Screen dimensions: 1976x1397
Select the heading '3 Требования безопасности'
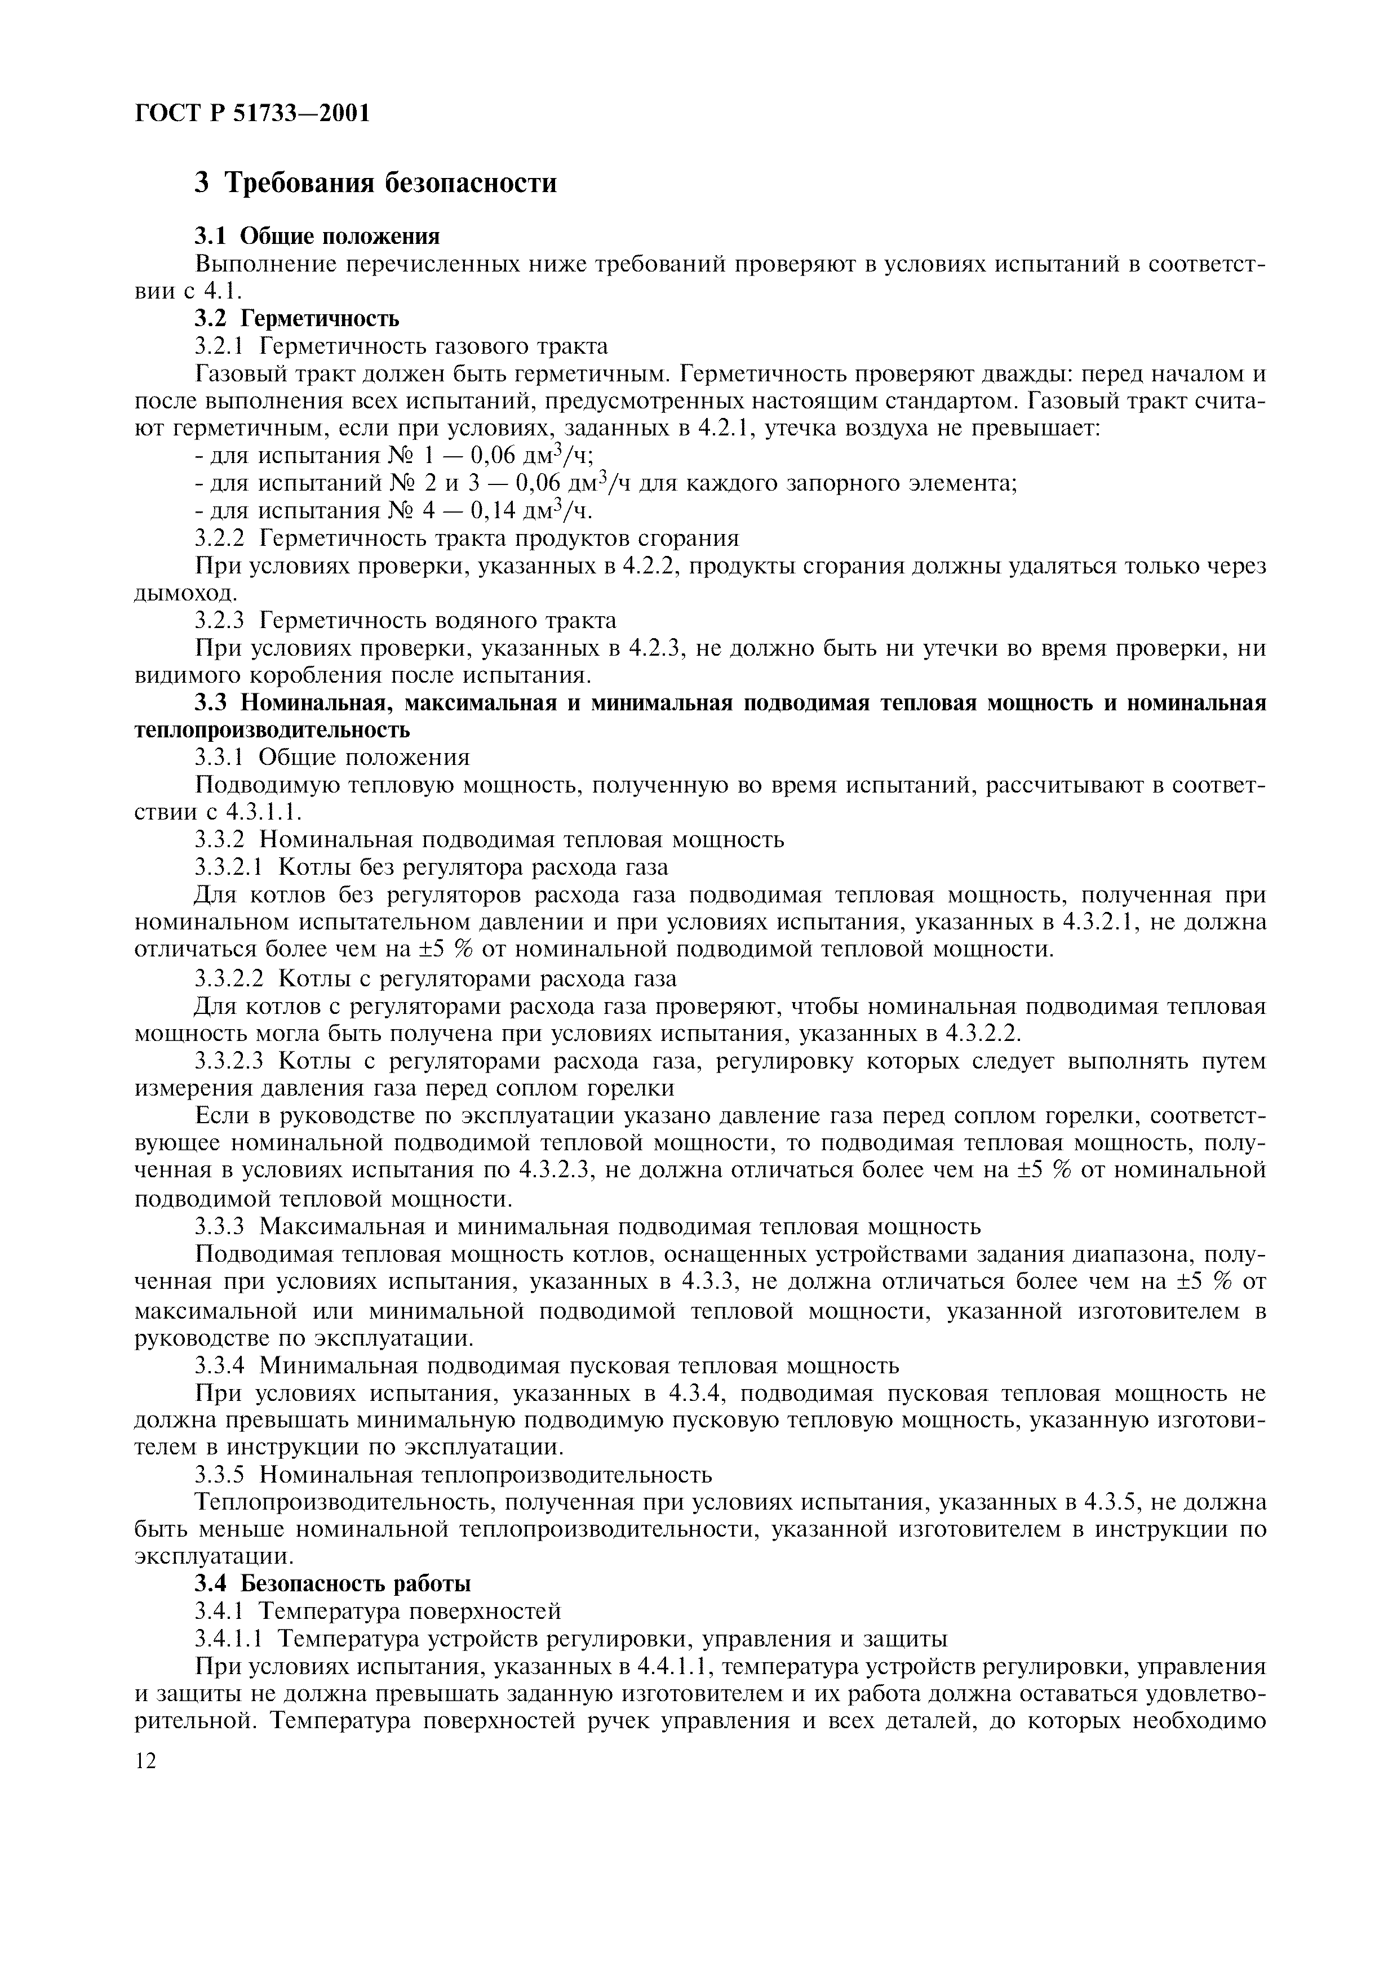(x=375, y=183)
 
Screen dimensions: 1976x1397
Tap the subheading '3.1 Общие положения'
(x=317, y=236)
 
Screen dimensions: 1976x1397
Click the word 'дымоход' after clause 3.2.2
(x=183, y=594)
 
